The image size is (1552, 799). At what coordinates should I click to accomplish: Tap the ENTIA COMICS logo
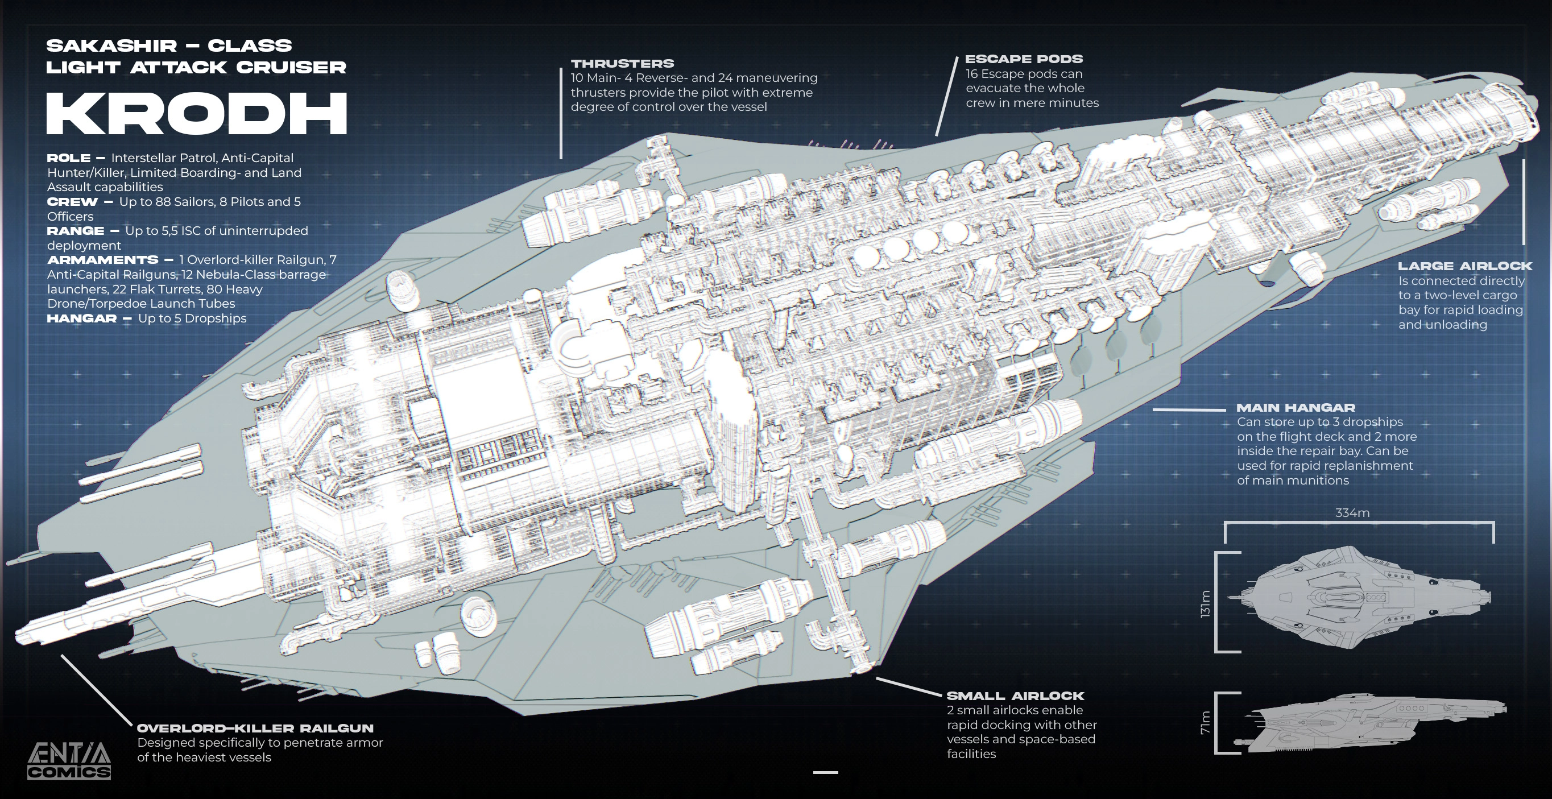(69, 761)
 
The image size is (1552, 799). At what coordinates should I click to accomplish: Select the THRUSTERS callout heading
(622, 63)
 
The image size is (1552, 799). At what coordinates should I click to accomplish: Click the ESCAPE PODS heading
(1024, 59)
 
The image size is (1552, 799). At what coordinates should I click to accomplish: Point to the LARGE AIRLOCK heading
(1464, 266)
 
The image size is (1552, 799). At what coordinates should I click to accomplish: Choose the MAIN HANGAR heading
(1296, 407)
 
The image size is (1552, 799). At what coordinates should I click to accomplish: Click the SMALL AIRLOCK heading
(1015, 695)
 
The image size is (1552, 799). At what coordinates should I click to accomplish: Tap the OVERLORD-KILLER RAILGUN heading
(255, 728)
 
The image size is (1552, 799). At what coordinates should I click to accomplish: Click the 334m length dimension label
(1352, 513)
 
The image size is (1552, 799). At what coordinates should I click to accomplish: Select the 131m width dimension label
(1205, 603)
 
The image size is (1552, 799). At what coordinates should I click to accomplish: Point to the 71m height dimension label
(1205, 722)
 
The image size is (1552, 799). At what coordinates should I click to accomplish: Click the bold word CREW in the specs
(72, 202)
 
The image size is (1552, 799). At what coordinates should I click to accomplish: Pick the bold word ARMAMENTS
(102, 260)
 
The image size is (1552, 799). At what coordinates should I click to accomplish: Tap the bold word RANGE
(75, 231)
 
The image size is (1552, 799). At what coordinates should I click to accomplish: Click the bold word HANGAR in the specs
(81, 318)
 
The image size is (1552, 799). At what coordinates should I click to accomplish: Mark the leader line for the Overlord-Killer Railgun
(97, 690)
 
